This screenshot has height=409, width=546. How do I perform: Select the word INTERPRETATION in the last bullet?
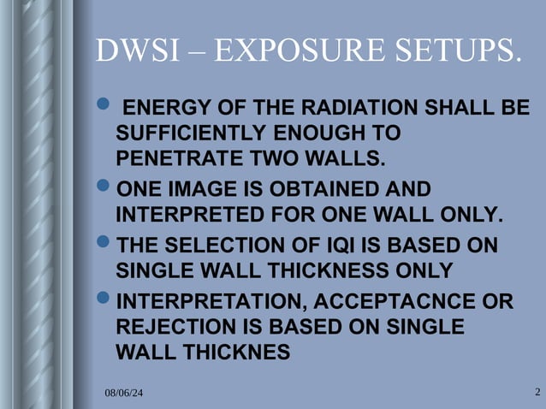201,302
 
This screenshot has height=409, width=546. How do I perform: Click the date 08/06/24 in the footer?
124,392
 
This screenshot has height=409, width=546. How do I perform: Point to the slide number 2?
537,392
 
